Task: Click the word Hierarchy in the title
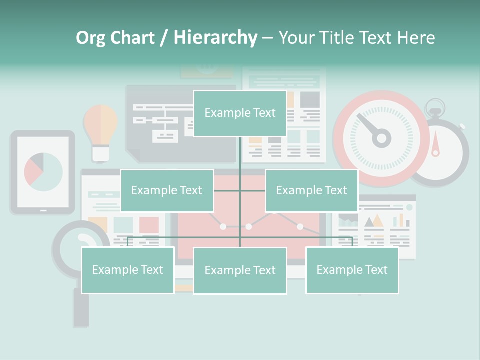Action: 215,38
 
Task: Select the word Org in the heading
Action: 90,38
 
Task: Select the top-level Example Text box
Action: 240,113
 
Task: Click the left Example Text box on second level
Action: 167,191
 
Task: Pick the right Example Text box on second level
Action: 311,191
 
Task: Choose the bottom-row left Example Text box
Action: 128,270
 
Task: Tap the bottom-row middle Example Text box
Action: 240,271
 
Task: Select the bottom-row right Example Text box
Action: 352,270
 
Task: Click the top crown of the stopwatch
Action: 435,105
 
